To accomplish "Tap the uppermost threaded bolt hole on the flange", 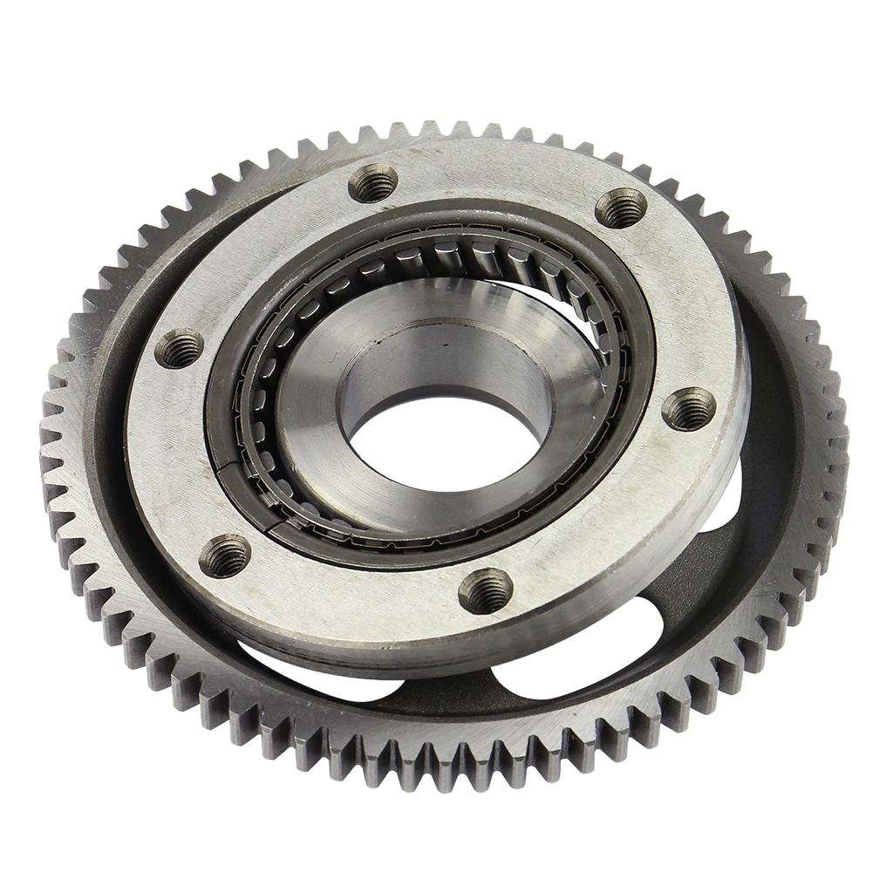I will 373,184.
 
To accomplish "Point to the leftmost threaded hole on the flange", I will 179,348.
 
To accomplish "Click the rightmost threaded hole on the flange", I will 688,408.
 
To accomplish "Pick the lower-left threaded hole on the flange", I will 224,555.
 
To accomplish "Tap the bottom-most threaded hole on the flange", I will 485,591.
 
